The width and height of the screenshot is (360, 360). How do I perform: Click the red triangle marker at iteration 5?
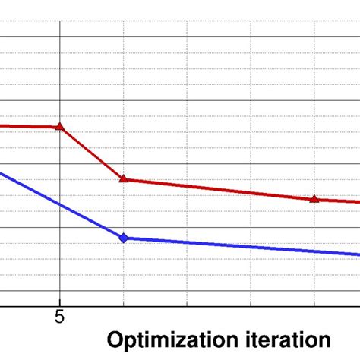[x=60, y=127]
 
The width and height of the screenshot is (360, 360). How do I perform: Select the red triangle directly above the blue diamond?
[x=124, y=179]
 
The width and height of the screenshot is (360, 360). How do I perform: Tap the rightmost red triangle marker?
[x=314, y=199]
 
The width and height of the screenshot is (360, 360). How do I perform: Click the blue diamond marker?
[x=124, y=238]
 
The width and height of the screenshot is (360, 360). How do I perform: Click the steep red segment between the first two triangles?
[x=92, y=153]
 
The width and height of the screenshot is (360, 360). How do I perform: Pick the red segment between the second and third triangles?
[x=220, y=189]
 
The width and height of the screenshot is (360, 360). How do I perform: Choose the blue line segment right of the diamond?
[x=235, y=246]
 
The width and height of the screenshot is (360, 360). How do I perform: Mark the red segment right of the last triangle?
[x=338, y=201]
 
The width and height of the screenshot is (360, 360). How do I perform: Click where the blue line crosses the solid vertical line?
[x=60, y=204]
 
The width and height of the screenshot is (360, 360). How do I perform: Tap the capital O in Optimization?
[x=115, y=339]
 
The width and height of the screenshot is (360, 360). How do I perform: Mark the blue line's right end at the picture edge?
[x=358, y=254]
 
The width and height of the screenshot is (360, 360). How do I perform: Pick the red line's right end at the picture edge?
[x=358, y=202]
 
